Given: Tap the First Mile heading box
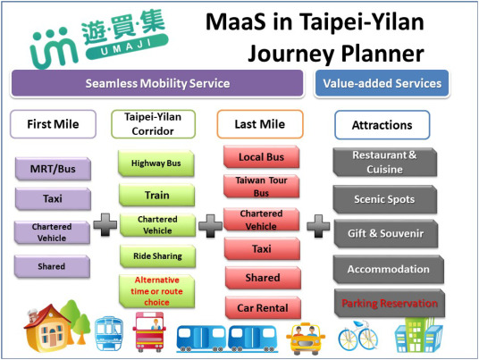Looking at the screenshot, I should [53, 123].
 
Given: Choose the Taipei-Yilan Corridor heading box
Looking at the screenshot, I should [150, 123].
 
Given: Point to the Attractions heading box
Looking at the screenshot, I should [382, 125].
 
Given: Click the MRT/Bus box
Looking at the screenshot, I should [53, 167].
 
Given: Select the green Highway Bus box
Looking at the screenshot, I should [150, 163].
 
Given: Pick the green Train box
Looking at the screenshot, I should [150, 194].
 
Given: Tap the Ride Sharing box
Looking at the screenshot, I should [150, 255].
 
